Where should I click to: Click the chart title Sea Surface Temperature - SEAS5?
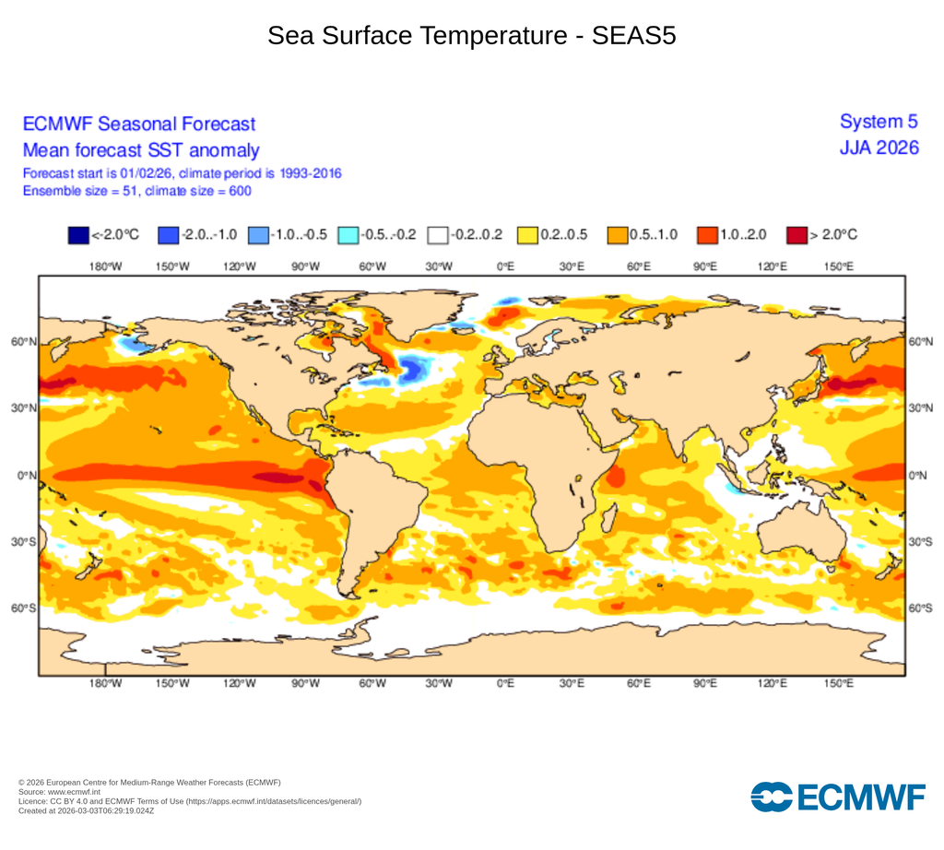tap(472, 36)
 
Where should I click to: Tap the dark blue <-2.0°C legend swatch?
tap(78, 235)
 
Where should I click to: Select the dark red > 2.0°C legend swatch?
tap(796, 235)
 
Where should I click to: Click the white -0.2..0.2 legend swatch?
tap(437, 235)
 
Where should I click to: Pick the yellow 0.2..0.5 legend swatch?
tap(526, 235)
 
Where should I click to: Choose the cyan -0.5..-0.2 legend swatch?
tap(348, 235)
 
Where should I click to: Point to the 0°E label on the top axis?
tap(504, 266)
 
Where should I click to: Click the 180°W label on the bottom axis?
tap(105, 684)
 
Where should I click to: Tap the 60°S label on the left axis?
tap(24, 608)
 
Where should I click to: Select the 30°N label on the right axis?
tap(919, 408)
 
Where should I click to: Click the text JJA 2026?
tap(879, 148)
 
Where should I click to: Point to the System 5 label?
tap(879, 122)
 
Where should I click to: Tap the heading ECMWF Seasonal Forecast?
tap(138, 124)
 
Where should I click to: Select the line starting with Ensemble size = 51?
tap(136, 191)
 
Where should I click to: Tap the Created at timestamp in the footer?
tap(86, 811)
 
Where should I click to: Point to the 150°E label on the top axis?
tap(838, 266)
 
